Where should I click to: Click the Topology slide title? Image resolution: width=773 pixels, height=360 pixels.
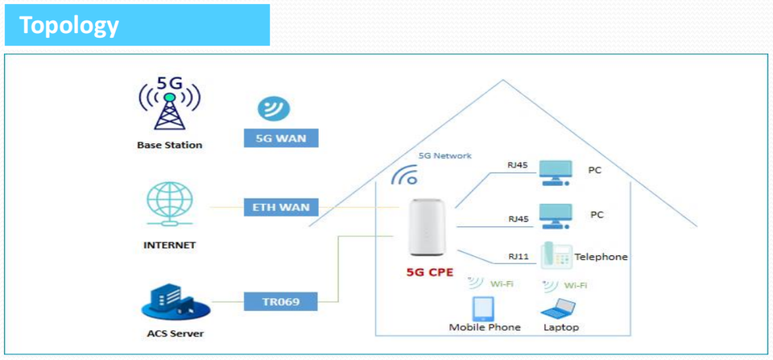point(69,25)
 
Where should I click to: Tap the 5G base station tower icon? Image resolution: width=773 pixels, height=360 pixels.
point(170,105)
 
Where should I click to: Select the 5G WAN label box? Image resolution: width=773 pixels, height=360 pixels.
point(281,138)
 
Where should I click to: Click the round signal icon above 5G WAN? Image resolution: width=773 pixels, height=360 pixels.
point(274,109)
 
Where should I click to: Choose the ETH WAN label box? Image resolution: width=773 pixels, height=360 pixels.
point(281,207)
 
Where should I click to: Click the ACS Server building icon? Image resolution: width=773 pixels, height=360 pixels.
point(176,301)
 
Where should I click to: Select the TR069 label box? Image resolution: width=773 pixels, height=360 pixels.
point(281,301)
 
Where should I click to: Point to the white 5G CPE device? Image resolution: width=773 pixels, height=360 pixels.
point(427,227)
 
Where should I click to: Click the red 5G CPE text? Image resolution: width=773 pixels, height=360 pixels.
point(429,271)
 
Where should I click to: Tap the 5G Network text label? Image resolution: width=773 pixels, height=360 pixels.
point(444,155)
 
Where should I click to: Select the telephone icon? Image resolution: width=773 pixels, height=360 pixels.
point(556,255)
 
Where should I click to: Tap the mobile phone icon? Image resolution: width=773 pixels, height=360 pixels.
point(483,308)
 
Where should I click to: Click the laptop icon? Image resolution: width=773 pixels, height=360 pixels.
point(559,308)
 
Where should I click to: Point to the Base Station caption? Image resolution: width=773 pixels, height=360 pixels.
point(170,146)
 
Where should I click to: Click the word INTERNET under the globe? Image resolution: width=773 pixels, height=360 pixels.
point(170,245)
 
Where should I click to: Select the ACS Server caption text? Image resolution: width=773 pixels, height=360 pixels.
point(176,334)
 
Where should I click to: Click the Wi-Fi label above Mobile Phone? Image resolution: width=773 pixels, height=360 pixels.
point(502,283)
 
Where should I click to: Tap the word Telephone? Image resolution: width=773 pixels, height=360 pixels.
point(601,257)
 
